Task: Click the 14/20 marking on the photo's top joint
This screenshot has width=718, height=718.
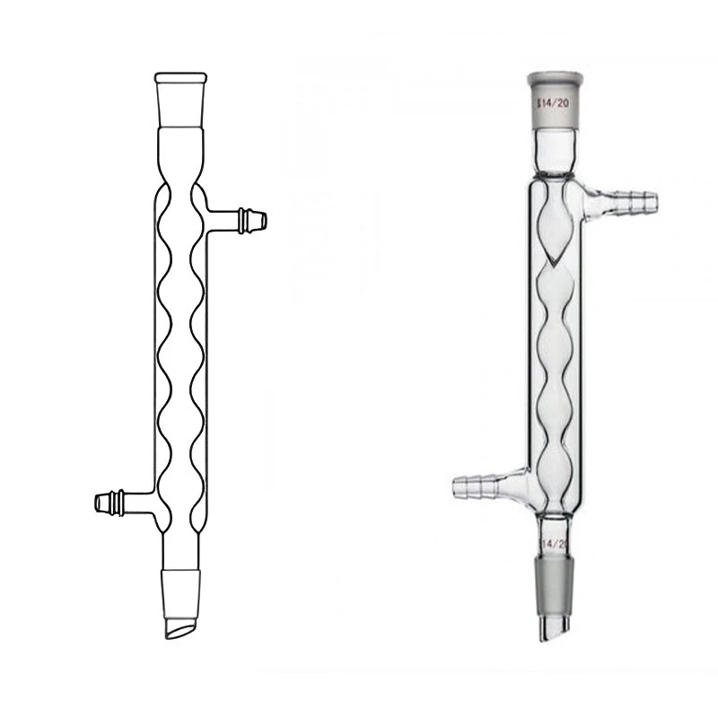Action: coord(551,103)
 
